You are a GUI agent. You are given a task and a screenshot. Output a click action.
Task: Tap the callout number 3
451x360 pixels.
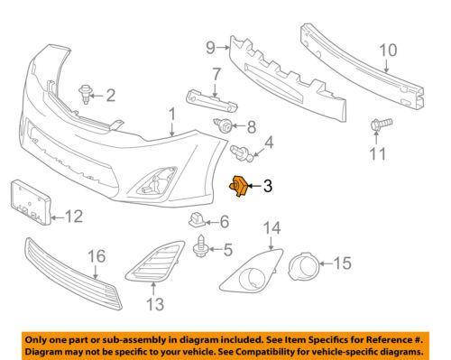(x=268, y=188)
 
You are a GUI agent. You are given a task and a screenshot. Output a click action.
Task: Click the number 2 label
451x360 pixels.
(x=111, y=96)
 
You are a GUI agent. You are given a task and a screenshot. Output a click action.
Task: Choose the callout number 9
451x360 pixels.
(x=210, y=46)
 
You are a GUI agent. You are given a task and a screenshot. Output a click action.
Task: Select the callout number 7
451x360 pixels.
(x=217, y=73)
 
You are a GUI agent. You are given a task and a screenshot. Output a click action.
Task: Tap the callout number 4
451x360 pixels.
(x=269, y=141)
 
